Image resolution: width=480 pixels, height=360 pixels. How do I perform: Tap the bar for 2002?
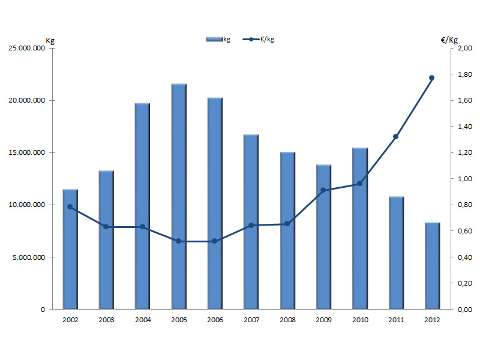coord(70,249)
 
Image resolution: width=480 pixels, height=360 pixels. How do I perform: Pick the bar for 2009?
coord(323,236)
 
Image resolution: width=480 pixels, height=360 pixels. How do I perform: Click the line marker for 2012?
coord(431,77)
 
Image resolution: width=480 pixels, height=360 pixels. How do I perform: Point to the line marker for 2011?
coord(395,137)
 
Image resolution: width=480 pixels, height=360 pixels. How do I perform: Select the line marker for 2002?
coord(70,207)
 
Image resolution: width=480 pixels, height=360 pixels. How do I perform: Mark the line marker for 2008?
coord(287,224)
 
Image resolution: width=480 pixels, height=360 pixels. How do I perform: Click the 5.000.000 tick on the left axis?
coord(29,257)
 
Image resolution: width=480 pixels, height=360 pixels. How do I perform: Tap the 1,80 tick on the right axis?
coord(464,75)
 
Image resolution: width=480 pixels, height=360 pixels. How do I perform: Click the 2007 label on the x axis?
coord(251,320)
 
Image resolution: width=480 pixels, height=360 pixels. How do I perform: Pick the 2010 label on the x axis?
coord(359,320)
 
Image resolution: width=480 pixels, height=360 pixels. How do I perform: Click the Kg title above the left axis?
coord(50,41)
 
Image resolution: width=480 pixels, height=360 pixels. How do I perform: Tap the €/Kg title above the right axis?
coord(449,41)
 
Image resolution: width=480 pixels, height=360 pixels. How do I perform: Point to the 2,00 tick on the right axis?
coord(464,49)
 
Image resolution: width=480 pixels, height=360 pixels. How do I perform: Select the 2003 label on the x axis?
coord(106,320)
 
